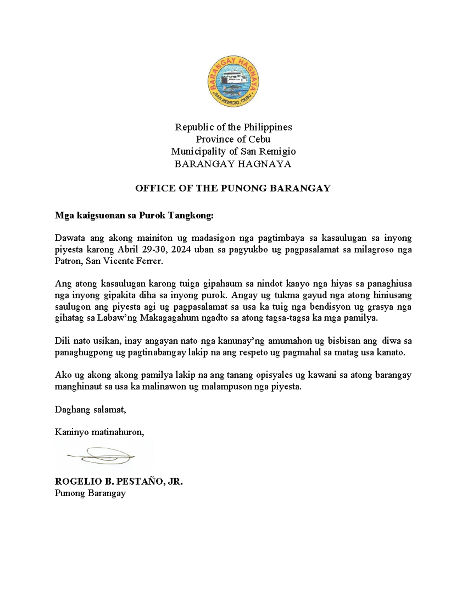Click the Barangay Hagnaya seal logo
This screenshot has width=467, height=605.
pos(233,81)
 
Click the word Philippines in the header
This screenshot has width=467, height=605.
pos(268,127)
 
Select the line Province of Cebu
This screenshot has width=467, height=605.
pos(233,139)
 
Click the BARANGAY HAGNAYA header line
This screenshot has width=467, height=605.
pos(233,164)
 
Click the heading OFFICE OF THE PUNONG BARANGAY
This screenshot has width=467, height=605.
pos(233,188)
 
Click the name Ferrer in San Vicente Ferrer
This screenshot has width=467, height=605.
pos(149,261)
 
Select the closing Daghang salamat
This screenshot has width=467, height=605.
pos(90,409)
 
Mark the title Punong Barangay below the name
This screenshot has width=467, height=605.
pos(90,493)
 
